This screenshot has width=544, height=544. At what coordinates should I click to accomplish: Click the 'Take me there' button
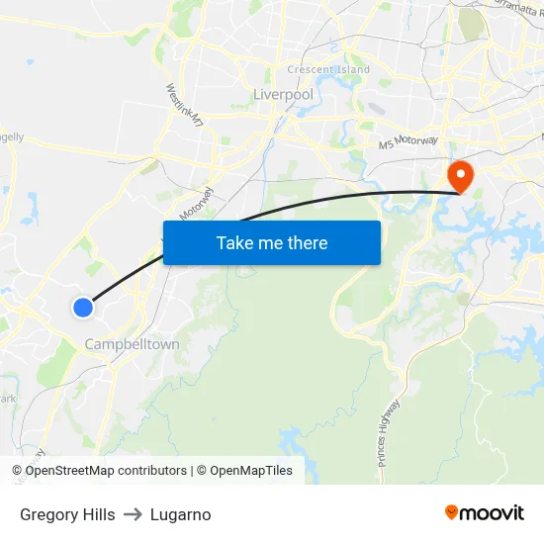click(272, 242)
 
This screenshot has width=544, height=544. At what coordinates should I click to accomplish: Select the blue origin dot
click(83, 308)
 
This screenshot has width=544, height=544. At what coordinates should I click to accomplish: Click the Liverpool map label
click(283, 94)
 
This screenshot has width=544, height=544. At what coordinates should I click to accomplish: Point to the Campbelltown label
click(133, 344)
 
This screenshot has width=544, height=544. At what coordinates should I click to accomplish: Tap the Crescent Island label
click(328, 70)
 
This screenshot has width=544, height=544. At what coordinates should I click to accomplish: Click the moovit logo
click(485, 512)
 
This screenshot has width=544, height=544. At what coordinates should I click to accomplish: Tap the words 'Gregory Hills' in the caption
click(67, 514)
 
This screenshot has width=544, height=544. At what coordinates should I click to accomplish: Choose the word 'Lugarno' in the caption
click(181, 514)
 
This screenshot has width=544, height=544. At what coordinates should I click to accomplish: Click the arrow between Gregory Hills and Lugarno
click(133, 514)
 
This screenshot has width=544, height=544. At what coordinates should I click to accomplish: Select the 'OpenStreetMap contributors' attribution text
click(106, 471)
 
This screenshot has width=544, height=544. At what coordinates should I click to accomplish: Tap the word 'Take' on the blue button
click(233, 242)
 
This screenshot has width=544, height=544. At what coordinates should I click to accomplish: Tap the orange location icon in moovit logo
click(452, 512)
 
